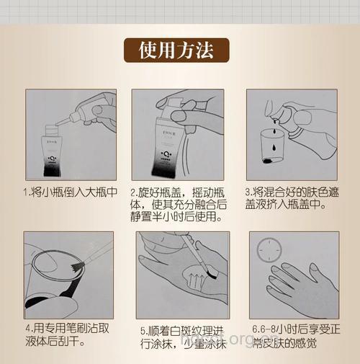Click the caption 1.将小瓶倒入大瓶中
69,194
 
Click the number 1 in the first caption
26,194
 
